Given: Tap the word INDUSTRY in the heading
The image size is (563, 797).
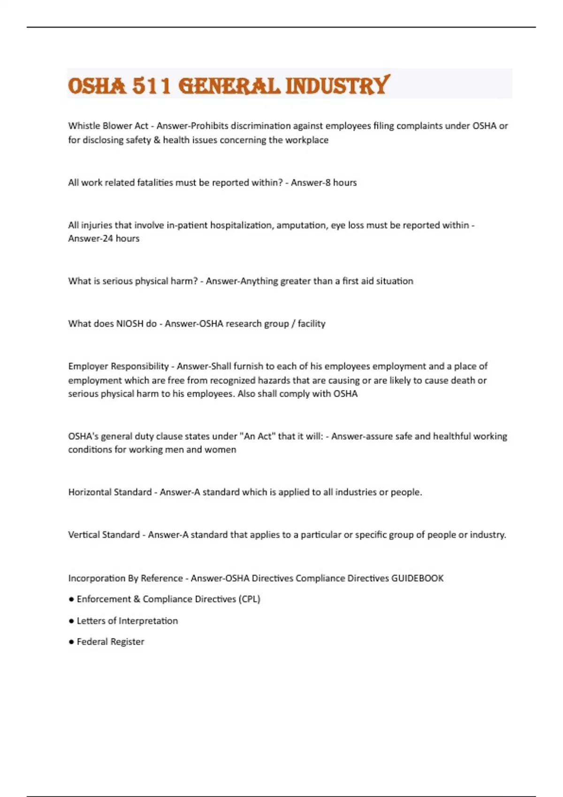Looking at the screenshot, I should pos(337,86).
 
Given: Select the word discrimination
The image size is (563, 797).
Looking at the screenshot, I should pos(260,126).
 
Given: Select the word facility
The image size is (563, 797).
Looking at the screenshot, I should pos(312,323).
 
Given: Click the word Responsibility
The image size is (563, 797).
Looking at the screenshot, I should pos(139,366).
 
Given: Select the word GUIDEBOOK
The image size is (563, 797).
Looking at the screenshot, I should pos(417,578).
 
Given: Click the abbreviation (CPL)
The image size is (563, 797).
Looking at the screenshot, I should pos(249,599).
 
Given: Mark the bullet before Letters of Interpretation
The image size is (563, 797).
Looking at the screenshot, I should pos(71,621).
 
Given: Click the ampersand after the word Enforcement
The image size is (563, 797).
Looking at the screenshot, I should pos(137,599).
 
